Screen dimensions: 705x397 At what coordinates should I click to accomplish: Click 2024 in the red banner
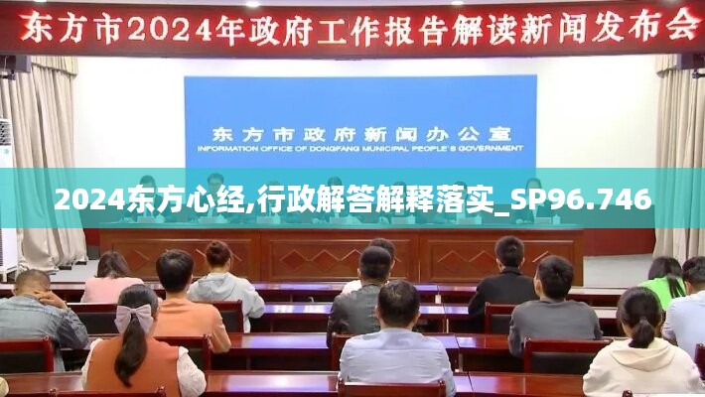click(x=170, y=29)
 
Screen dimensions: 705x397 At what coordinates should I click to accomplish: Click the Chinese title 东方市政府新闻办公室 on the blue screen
click(x=361, y=134)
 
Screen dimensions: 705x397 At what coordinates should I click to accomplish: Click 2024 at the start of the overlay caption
click(x=90, y=198)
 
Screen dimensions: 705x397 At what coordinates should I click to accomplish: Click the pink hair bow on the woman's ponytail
click(x=134, y=317)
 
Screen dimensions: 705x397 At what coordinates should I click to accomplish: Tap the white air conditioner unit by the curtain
click(x=8, y=194)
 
